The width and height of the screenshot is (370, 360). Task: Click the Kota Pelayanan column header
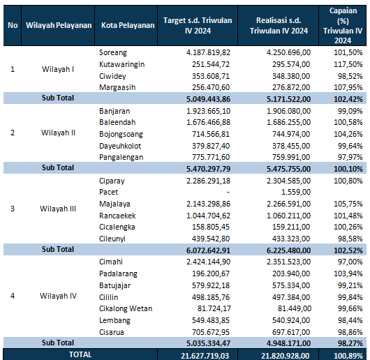click(128, 25)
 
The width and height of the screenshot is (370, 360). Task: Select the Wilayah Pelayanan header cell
click(59, 25)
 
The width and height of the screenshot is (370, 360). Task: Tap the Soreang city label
click(113, 52)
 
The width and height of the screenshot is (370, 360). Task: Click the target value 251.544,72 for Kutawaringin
click(211, 64)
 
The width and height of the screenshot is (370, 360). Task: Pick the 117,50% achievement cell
click(348, 64)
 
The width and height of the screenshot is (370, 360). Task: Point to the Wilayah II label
click(58, 133)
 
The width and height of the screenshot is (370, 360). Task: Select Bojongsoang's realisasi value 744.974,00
click(291, 134)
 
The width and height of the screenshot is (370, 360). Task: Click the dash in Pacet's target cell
click(228, 193)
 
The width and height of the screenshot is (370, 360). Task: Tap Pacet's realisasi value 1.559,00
click(296, 192)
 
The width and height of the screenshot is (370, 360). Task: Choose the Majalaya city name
click(114, 204)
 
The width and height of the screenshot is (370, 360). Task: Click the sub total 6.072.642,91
click(208, 250)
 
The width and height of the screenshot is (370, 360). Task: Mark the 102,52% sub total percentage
click(348, 250)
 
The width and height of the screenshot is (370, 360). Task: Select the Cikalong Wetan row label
click(126, 308)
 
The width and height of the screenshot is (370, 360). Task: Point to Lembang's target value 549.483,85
click(211, 320)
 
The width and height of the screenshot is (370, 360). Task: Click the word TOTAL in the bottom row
click(80, 354)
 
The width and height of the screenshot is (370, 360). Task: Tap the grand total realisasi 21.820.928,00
click(286, 356)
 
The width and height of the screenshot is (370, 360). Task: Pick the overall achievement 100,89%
click(348, 356)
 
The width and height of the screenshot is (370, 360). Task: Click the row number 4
click(13, 296)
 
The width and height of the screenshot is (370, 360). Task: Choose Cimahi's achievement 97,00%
click(350, 262)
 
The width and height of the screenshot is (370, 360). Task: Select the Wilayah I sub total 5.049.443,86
click(208, 99)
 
